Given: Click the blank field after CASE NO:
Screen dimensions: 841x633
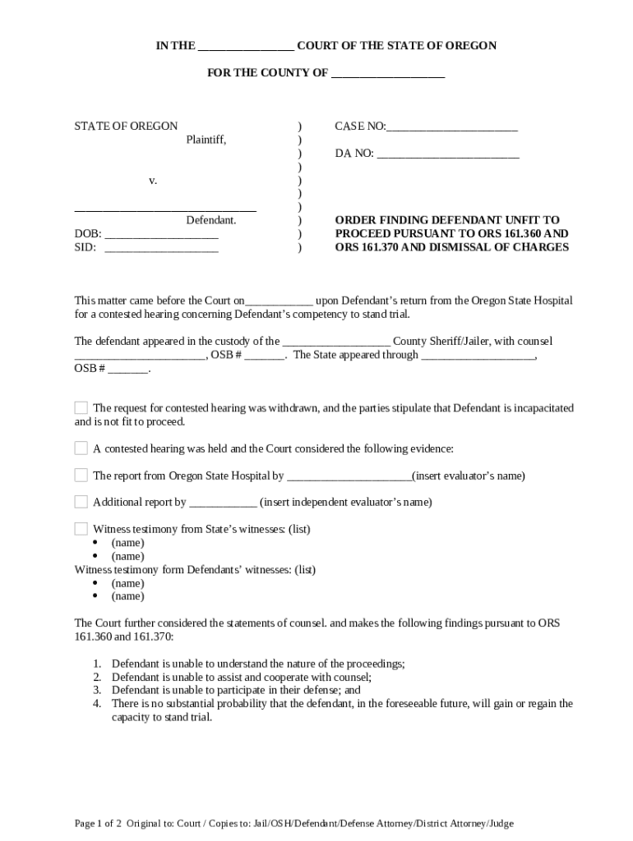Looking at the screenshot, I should (452, 127).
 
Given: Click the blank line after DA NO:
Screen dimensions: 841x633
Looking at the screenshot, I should (448, 154).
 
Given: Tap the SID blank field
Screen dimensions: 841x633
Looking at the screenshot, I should (161, 247).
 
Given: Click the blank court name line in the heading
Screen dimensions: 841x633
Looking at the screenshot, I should (246, 47).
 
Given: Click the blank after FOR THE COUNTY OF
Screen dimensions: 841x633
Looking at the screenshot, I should (387, 74).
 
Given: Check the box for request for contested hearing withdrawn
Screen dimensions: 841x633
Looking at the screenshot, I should (81, 408).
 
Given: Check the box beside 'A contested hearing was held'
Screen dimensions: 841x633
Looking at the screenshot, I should (81, 448).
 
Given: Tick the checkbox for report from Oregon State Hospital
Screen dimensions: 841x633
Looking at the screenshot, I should (81, 476).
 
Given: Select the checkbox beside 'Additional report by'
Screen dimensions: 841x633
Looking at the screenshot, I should (81, 502).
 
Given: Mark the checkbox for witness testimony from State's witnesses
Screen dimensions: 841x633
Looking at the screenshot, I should (81, 529).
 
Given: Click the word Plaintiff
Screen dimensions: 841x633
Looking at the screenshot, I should (206, 140).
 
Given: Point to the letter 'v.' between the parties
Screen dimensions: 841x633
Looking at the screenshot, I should (153, 180).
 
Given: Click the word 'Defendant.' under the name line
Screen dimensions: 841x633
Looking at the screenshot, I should (211, 221).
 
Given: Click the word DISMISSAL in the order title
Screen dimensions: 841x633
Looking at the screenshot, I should (455, 247).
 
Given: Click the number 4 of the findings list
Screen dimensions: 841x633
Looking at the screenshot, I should (96, 704).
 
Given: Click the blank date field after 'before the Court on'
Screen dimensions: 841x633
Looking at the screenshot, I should (280, 301).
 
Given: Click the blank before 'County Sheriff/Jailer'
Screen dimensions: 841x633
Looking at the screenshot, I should (336, 342).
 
